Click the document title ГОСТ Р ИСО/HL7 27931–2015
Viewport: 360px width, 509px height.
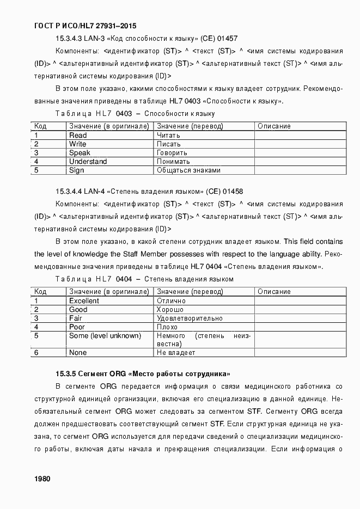(x=85, y=26)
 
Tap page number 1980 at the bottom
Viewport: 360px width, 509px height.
(x=42, y=479)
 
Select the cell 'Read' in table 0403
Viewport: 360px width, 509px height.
(x=78, y=136)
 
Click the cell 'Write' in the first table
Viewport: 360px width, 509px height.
(x=78, y=144)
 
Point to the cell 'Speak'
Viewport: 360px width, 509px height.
(x=80, y=153)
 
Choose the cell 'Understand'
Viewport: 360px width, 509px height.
(x=88, y=162)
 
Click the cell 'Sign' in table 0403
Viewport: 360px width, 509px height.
(x=77, y=170)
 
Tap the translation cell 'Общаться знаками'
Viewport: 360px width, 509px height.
(x=188, y=170)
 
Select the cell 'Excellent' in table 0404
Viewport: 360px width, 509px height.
(x=84, y=301)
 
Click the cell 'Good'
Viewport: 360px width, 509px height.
(x=78, y=310)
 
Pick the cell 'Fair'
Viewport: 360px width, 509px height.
(x=76, y=318)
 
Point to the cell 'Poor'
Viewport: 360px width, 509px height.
(x=77, y=327)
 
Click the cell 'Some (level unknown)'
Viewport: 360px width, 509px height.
(x=105, y=336)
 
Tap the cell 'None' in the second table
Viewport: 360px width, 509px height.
(x=78, y=353)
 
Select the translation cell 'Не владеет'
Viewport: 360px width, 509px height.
(x=176, y=353)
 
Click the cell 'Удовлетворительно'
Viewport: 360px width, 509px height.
(x=190, y=318)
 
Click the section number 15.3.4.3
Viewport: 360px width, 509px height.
(x=69, y=39)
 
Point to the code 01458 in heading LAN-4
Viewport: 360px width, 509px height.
(x=233, y=191)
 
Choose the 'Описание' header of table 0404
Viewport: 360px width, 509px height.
(x=274, y=292)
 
